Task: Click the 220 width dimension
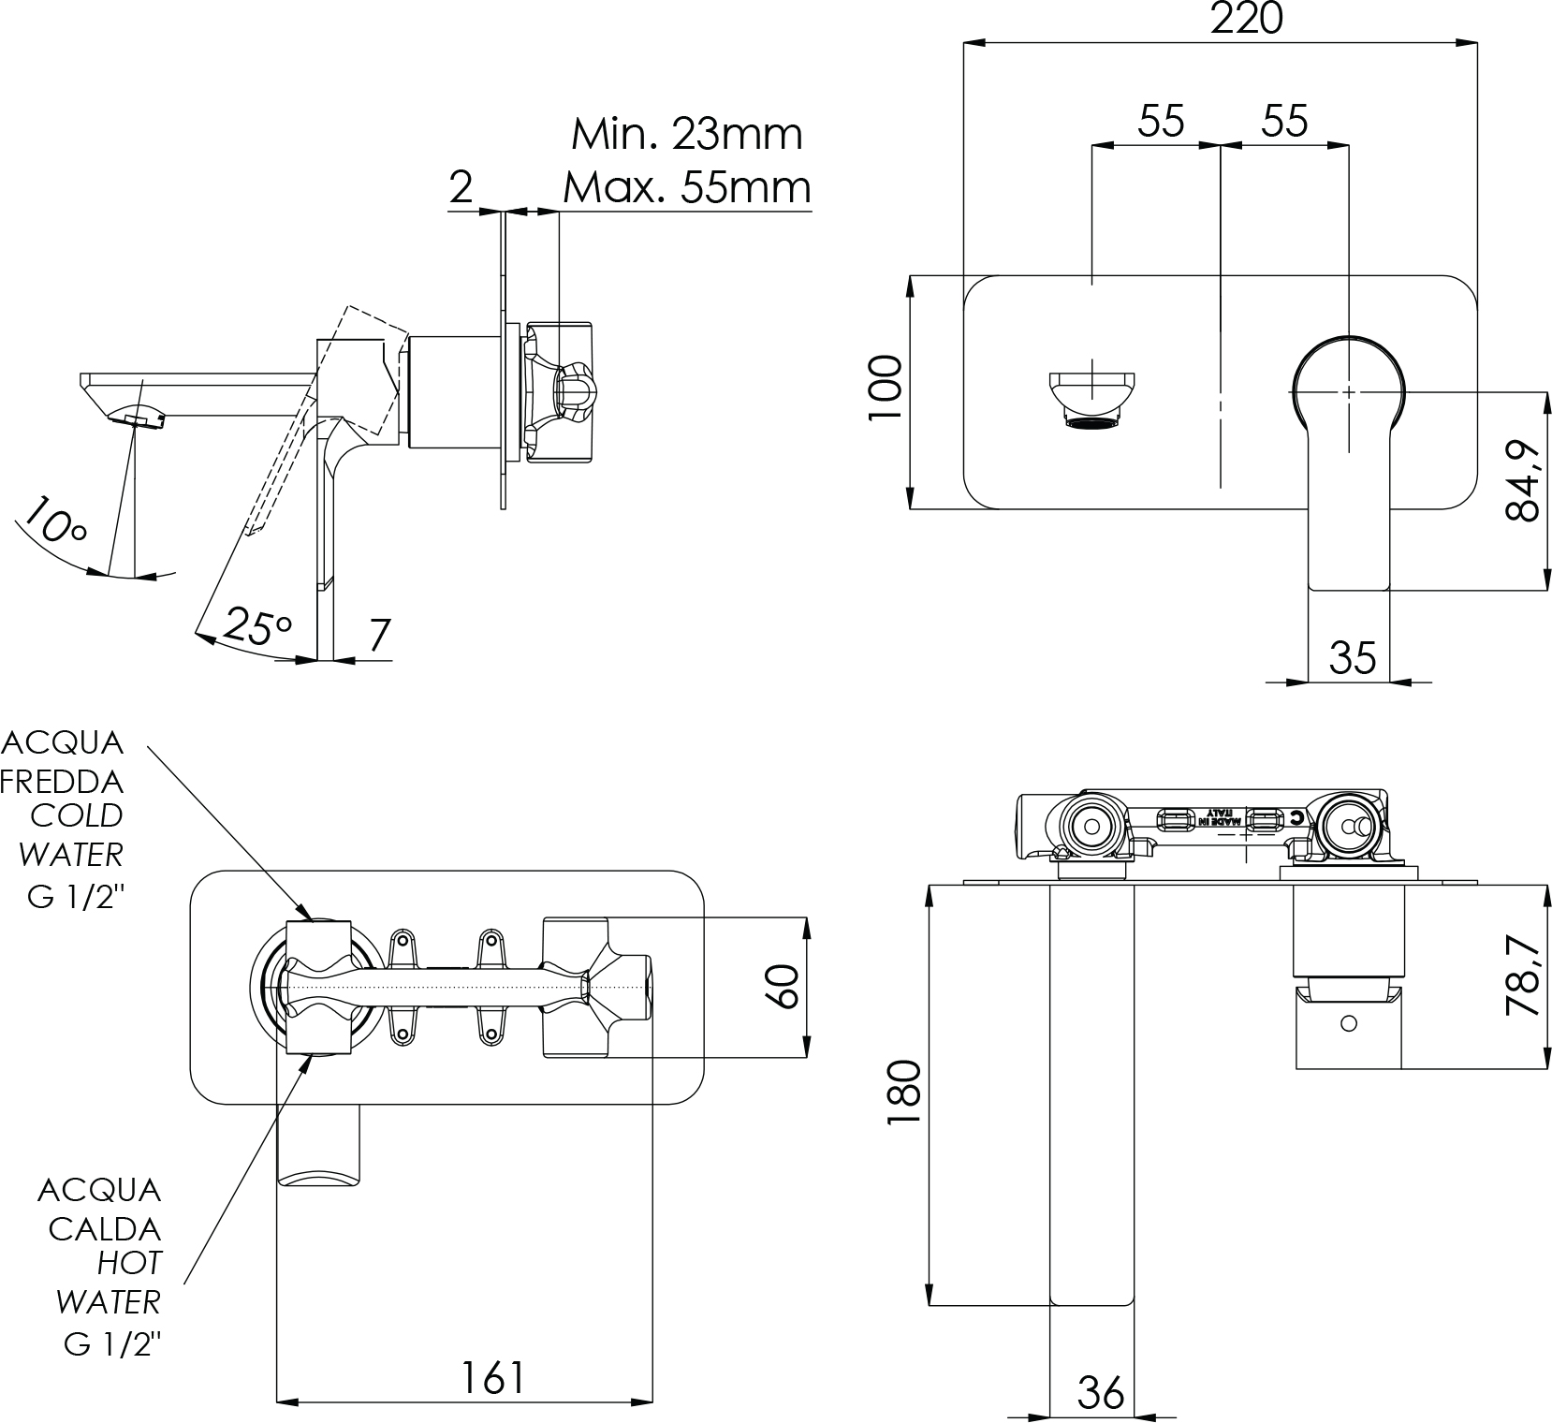(1246, 19)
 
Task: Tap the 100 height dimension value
(886, 388)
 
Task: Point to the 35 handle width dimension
(1353, 658)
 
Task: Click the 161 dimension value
(492, 1377)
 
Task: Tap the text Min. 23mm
(687, 135)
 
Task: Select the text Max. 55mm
(687, 188)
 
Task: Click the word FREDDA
(63, 780)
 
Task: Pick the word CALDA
(105, 1229)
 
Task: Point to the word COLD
(77, 815)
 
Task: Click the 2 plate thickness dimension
(461, 187)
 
